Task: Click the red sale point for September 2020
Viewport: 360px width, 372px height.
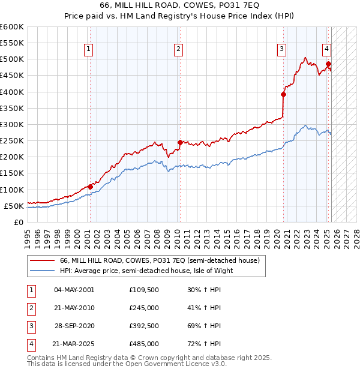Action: click(283, 94)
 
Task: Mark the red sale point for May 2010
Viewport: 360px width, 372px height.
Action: click(180, 142)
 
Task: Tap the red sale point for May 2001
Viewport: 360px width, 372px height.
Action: click(90, 187)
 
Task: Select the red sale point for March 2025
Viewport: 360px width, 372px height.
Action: click(328, 64)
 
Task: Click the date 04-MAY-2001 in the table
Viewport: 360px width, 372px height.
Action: click(74, 290)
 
